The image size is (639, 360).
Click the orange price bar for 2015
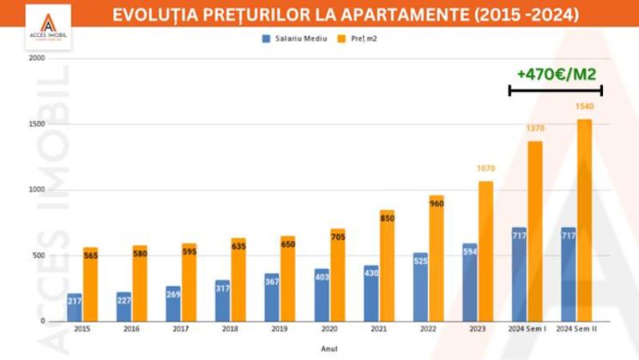click(90, 284)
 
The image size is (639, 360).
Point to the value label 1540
click(585, 106)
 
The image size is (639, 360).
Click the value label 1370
click(535, 128)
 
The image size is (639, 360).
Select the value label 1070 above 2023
click(485, 169)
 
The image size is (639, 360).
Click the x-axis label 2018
click(230, 329)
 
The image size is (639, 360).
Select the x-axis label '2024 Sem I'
click(527, 329)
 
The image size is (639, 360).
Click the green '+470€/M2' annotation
click(556, 74)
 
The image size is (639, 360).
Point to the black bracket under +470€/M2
click(555, 90)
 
